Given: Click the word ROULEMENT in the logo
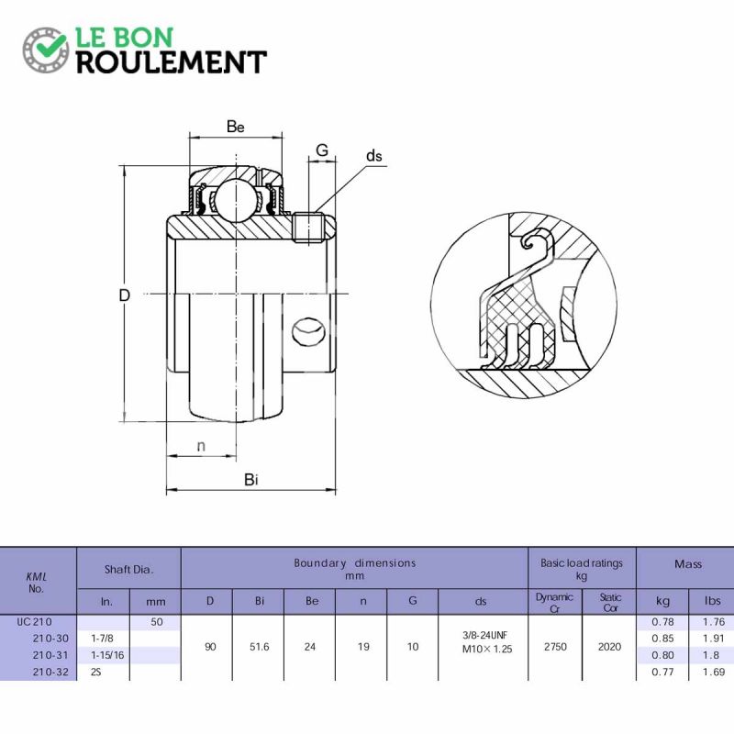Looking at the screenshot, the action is [x=172, y=62].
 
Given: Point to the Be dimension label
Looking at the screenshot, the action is [x=236, y=127].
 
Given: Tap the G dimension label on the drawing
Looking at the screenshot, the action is [x=322, y=150].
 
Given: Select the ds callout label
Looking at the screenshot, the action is [x=374, y=156].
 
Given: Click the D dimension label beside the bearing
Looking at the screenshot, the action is [x=124, y=295].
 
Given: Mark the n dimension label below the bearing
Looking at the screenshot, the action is [x=201, y=446].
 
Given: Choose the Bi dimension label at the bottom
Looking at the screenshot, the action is [x=251, y=479].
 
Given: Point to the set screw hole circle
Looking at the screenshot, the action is [x=308, y=332].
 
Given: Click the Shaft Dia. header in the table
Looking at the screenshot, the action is [x=128, y=569].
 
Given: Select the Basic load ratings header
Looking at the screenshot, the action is [x=582, y=563].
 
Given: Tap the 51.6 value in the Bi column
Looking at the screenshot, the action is [x=260, y=647].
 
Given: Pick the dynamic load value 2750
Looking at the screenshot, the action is [x=555, y=647].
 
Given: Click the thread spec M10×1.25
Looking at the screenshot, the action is [x=487, y=650].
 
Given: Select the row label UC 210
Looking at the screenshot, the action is [x=35, y=622].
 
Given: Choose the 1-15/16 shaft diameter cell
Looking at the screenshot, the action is [x=107, y=655].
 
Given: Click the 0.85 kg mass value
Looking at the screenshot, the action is [x=662, y=638].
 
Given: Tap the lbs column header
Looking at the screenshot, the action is [x=713, y=601].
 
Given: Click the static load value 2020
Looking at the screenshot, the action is [x=609, y=647].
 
